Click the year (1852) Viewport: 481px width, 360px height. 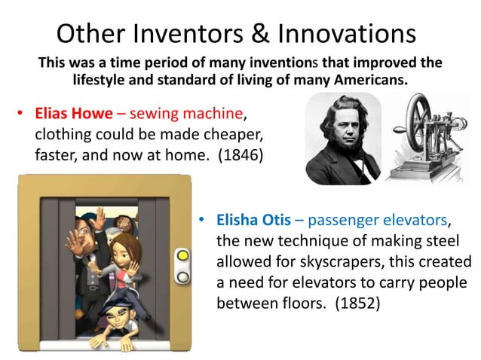360,304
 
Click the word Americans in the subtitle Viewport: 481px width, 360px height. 375,79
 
